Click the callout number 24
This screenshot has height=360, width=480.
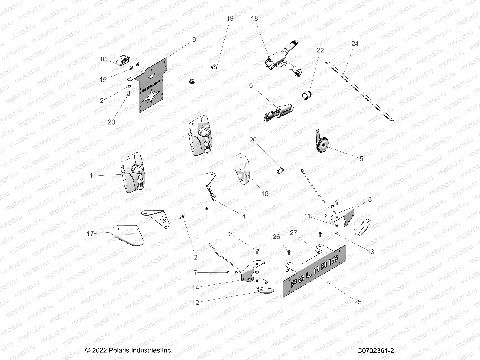(x=355, y=44)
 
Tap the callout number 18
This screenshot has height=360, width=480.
(x=254, y=19)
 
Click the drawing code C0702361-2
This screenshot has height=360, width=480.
(x=376, y=351)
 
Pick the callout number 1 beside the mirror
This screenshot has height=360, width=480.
(x=91, y=176)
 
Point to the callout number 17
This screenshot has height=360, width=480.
(x=90, y=234)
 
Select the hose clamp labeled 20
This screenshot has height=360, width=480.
(x=280, y=170)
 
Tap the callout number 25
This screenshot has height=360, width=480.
(x=358, y=302)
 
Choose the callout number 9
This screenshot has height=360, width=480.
(x=194, y=40)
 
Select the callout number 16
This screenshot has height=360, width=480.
(x=265, y=194)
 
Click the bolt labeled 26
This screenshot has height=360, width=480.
(x=289, y=251)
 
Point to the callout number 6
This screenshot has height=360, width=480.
(x=251, y=86)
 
